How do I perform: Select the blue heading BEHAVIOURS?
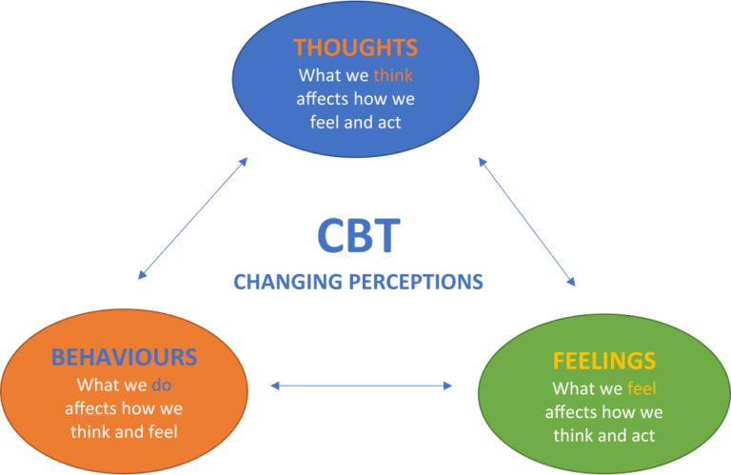124,358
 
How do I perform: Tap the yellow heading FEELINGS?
604,361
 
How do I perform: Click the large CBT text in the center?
358,236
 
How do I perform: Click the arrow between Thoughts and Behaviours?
193,217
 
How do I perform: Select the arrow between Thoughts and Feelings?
527,222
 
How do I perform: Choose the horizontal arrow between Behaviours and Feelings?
362,386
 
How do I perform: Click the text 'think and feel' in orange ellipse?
124,431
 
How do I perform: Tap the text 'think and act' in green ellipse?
604,435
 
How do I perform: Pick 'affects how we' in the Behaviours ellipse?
124,408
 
